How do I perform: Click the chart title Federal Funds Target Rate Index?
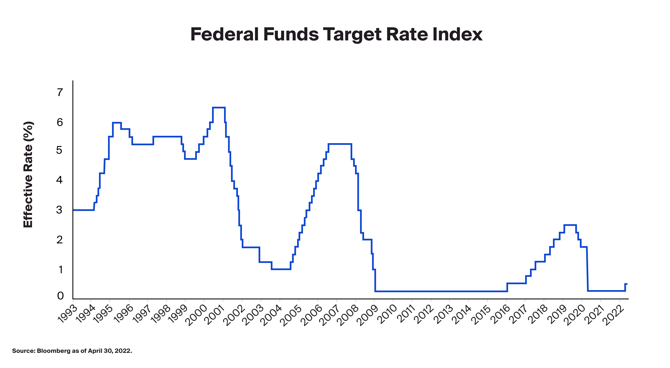click(336, 35)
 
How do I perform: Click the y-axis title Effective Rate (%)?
click(28, 175)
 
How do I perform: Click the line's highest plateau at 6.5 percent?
click(219, 107)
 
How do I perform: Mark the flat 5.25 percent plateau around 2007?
click(340, 144)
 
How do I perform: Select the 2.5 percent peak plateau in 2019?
click(570, 225)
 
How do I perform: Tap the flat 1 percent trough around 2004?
click(281, 269)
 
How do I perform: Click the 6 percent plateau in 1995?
click(117, 123)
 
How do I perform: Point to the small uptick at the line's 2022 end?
click(626, 284)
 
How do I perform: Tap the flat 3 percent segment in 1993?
click(83, 210)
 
